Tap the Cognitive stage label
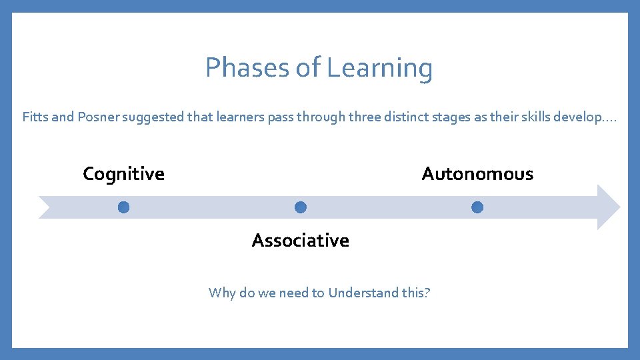(123, 174)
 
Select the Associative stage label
(300, 240)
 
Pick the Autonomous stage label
(477, 174)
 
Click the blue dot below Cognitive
(123, 207)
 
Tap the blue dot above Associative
(300, 207)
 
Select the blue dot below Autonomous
(477, 207)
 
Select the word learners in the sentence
(240, 117)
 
